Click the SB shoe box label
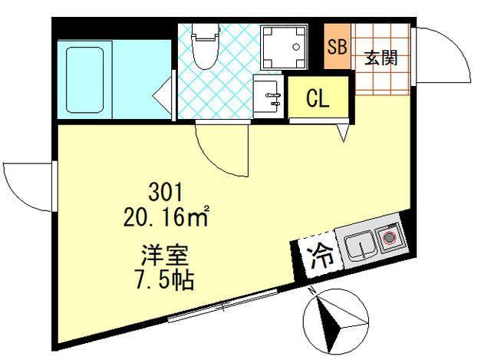click(x=337, y=47)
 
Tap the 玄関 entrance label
click(x=381, y=58)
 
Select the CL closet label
click(x=318, y=97)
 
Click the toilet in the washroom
click(x=205, y=45)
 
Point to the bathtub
click(x=85, y=80)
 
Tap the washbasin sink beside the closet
click(x=268, y=96)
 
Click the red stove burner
click(x=389, y=238)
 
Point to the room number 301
click(x=166, y=193)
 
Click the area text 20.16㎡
click(x=166, y=216)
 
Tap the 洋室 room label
click(x=165, y=255)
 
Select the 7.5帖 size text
click(x=165, y=279)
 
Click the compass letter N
click(x=311, y=290)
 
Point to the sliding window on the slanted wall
click(x=223, y=306)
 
